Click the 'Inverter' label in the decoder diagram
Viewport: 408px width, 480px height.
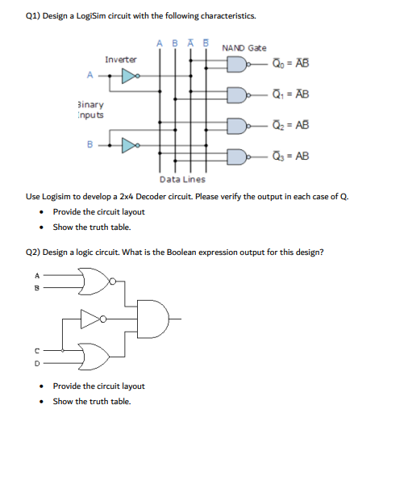121,60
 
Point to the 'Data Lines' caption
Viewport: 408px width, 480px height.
182,179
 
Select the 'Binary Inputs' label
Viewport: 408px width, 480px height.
90,110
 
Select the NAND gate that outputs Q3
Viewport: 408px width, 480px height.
236,156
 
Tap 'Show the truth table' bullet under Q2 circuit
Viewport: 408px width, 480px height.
91,401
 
